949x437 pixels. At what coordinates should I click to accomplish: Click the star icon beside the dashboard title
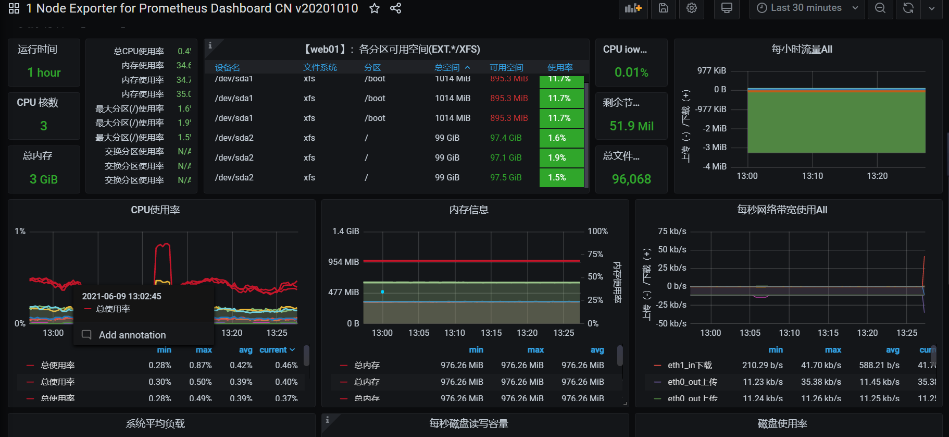374,8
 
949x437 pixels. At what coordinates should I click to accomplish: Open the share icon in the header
396,8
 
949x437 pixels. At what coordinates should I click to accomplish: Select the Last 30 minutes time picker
806,8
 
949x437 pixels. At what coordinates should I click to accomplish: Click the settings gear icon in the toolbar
692,8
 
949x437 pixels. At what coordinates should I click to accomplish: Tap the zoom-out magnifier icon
880,8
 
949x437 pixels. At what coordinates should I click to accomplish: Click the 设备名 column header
228,67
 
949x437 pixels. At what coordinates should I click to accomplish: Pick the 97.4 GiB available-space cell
506,138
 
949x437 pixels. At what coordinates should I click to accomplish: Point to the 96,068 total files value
631,179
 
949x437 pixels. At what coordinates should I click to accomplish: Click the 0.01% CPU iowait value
631,72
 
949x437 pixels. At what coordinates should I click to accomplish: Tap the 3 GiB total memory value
44,179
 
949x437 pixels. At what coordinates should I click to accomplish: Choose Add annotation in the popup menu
132,335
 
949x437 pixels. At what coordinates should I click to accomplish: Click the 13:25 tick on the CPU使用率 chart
277,333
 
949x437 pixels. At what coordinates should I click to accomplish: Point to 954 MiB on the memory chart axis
343,262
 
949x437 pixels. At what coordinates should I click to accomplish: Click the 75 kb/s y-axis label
672,231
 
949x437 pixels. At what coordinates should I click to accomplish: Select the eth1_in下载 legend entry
690,365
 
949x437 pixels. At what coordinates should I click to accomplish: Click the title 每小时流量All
802,49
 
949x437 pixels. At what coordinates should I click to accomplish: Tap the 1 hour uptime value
44,72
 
